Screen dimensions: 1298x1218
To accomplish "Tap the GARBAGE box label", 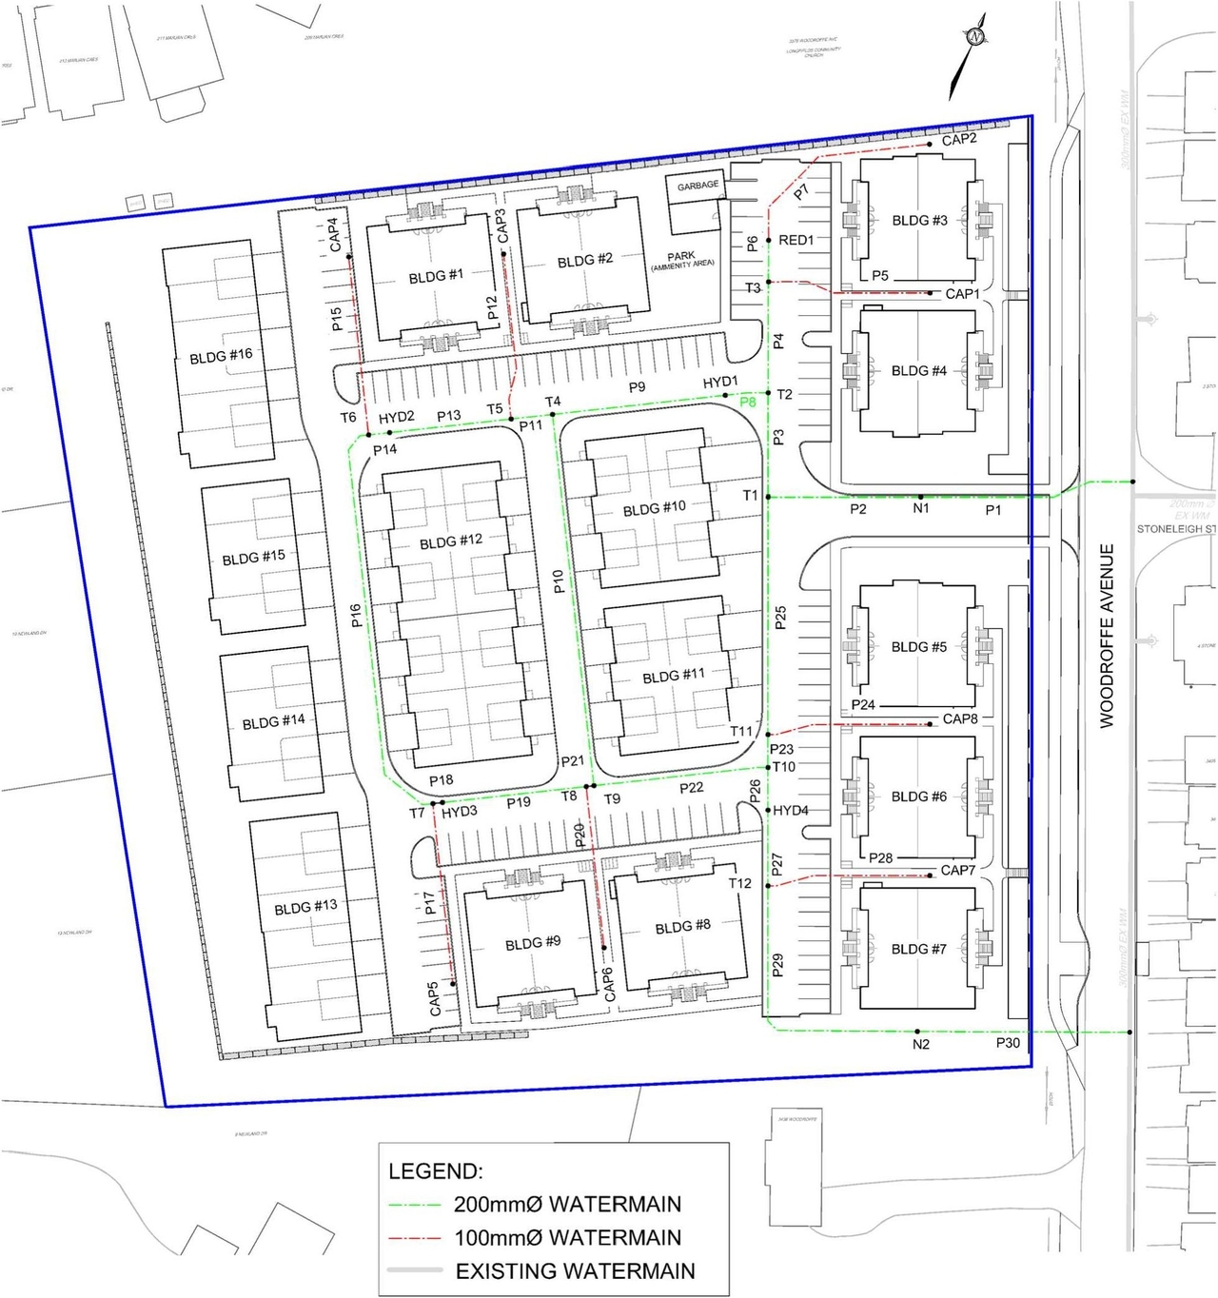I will (697, 186).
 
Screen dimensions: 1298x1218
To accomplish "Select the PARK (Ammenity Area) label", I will (681, 260).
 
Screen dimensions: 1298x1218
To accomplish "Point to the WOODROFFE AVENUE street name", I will (1107, 636).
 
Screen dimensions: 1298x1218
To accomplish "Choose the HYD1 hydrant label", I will (720, 383).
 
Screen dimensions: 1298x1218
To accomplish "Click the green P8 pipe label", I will (748, 402).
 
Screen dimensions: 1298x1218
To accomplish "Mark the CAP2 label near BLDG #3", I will (959, 140).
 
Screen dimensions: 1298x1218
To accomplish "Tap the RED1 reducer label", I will (796, 241).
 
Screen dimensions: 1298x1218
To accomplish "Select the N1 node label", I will (920, 509).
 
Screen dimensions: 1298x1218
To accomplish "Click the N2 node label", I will (920, 1045).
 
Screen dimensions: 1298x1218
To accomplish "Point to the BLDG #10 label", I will (654, 509).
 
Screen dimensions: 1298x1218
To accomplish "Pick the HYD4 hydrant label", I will (790, 811).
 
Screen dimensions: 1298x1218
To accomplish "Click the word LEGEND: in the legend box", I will (435, 1171).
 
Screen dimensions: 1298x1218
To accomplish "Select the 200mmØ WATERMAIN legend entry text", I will (567, 1205).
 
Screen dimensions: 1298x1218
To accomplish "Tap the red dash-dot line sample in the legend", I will (415, 1239).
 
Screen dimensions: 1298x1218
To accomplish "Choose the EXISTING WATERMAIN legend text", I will (575, 1271).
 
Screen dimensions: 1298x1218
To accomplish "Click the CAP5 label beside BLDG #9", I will (435, 999).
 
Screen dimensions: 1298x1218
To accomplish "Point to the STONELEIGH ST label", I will (1176, 529).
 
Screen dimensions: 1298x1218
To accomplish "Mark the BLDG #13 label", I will (305, 908).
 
